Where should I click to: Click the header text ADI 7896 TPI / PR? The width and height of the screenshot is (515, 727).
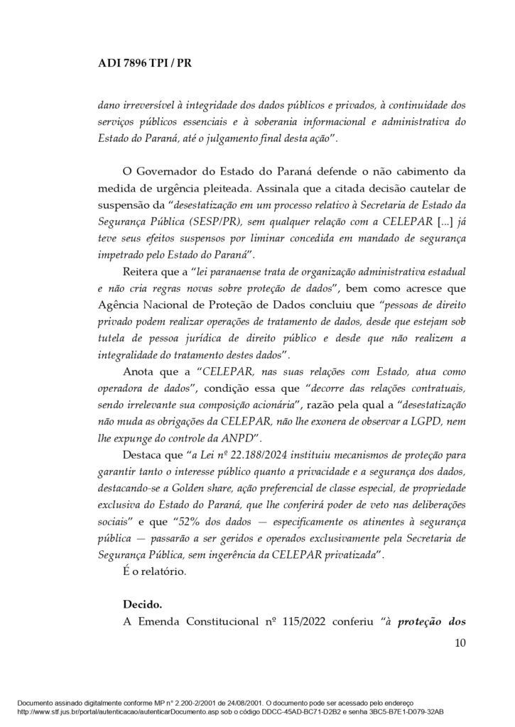(x=144, y=62)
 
